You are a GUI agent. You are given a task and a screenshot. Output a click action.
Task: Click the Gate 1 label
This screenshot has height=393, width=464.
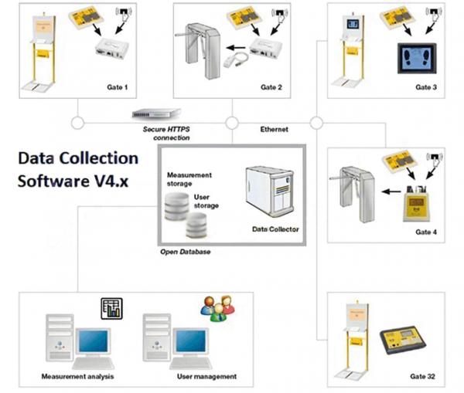pos(118,87)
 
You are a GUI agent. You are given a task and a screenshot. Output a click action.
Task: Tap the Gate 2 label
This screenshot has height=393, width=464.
pos(271,87)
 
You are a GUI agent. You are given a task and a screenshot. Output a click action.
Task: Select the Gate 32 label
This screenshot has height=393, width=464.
pos(422,376)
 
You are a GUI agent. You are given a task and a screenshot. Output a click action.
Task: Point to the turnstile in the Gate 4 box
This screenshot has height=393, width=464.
pos(353,194)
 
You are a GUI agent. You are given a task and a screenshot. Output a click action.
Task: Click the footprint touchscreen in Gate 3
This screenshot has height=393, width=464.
pos(417,59)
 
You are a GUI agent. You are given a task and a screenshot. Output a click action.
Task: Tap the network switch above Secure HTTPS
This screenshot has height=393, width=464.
pos(156,113)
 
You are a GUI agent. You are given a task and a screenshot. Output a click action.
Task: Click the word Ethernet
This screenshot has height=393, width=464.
pos(274,129)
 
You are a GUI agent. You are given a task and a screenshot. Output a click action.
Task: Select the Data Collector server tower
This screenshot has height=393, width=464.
pos(270,191)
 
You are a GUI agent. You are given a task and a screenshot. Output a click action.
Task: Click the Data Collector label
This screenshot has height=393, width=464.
pos(275,229)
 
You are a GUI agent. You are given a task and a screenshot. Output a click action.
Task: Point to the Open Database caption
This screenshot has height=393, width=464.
pos(186,252)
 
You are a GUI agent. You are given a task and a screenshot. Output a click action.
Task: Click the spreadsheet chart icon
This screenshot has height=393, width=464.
pos(112,309)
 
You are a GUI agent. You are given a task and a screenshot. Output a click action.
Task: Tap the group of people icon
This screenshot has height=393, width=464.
pos(218,308)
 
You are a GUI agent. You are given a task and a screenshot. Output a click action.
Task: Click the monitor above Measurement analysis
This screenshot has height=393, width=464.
pos(94,341)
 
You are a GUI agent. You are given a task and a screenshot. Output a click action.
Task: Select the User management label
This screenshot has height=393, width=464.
pos(206,376)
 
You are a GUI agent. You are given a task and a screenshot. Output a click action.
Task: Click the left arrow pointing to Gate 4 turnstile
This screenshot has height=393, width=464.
pos(391,191)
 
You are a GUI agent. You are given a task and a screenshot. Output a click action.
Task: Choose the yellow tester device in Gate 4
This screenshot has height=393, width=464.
pos(416,204)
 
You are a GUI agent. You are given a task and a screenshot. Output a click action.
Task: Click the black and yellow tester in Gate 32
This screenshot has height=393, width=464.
pos(402,340)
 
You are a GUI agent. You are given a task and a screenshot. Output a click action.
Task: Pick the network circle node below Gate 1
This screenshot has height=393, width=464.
pos(77,123)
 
